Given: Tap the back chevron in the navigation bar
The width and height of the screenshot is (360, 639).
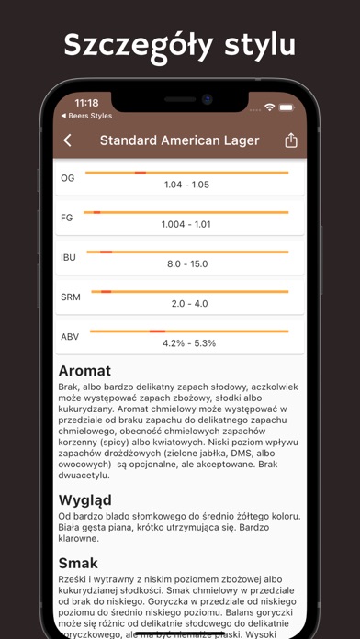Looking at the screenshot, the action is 67,140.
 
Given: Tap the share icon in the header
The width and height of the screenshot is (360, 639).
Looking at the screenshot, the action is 291,140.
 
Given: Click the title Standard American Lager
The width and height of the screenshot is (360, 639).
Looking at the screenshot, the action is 179,140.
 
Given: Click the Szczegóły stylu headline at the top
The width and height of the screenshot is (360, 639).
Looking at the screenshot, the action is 180,45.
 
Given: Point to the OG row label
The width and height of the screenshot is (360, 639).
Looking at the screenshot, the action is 68,178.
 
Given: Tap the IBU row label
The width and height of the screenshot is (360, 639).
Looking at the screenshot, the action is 69,258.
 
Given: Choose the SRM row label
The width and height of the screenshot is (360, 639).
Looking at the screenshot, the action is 70,297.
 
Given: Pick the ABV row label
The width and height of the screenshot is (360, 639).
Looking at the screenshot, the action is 70,337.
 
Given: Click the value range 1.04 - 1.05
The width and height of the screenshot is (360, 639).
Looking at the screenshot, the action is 186,185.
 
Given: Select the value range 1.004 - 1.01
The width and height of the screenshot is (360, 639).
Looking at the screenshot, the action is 186,224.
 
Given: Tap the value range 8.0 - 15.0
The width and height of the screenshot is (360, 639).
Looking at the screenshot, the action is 186,264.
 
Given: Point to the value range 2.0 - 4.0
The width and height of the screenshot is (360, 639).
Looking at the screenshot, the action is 186,304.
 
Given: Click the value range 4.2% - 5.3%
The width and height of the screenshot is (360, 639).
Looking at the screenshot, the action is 186,343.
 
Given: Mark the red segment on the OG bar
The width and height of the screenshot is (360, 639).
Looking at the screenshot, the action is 140,173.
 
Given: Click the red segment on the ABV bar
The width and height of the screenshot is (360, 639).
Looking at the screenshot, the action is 157,331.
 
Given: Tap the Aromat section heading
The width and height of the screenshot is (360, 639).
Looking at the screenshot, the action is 84,371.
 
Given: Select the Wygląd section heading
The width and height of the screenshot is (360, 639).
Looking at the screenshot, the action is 84,500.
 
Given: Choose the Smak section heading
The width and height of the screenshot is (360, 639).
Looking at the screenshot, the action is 79,563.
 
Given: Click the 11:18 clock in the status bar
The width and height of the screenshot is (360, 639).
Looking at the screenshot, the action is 86,103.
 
